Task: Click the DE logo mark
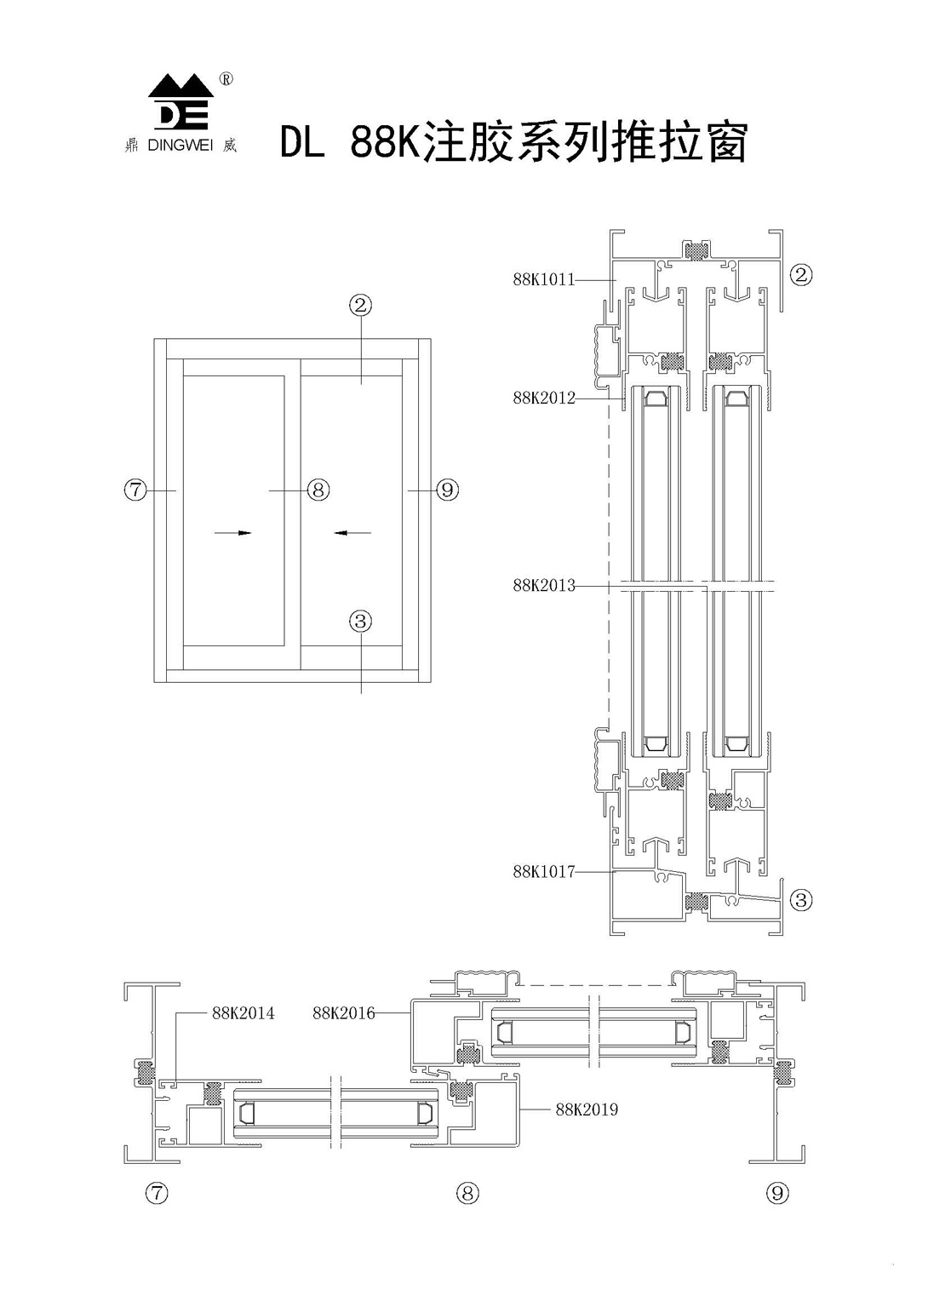coord(180,102)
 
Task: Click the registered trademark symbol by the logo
coord(226,79)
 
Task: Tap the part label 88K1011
coord(543,279)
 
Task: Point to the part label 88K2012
coord(543,398)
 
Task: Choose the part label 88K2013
coord(543,586)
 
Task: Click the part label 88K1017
coord(543,872)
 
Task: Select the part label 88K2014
coord(243,1013)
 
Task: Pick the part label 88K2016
coord(344,1013)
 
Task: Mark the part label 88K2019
coord(587,1109)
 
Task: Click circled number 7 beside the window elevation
coord(135,490)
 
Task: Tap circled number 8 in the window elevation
coord(318,490)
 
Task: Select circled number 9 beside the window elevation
coord(447,490)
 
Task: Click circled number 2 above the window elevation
coord(361,304)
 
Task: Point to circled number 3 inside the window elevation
coord(361,622)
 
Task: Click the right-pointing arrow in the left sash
coord(233,533)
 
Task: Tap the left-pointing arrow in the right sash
coord(352,533)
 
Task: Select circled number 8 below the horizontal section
coord(467,1193)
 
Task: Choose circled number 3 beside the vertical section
coord(801,899)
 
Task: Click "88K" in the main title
coord(381,143)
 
